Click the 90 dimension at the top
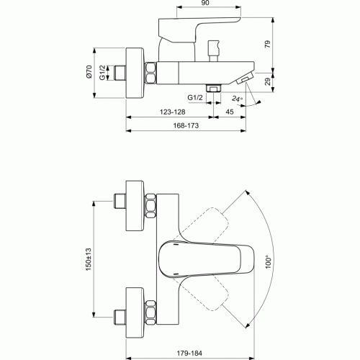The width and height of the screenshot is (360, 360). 205,3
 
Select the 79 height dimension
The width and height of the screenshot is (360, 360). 267,44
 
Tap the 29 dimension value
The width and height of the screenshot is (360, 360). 268,81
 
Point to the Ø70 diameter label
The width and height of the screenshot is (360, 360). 89,71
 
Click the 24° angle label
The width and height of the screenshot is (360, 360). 237,99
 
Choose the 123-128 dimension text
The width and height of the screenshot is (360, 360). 173,112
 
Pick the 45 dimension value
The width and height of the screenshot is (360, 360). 230,112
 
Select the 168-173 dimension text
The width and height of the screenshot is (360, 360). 186,125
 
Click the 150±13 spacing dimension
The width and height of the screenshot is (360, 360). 89,260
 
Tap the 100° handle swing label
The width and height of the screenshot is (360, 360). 269,263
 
